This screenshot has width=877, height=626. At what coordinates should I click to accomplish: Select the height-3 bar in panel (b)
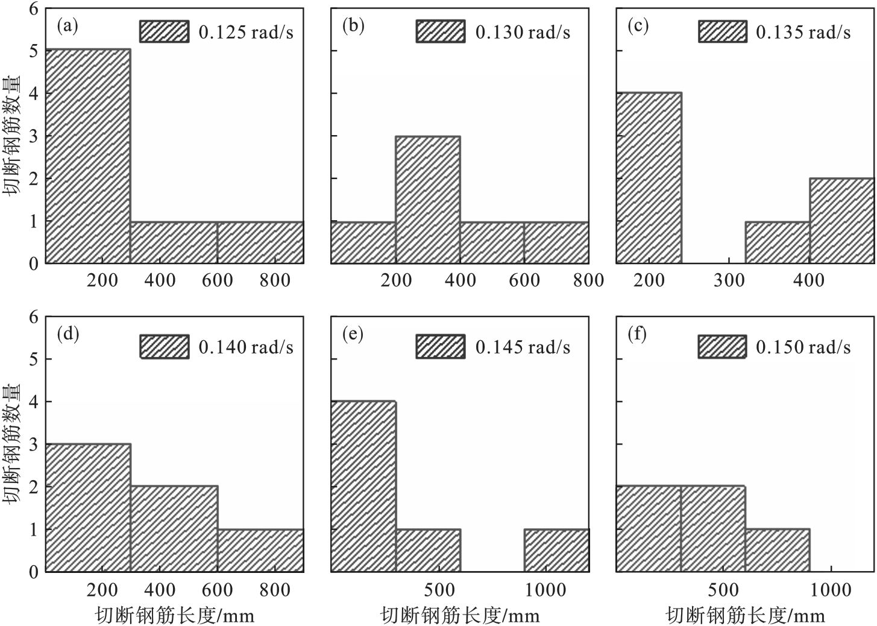pyautogui.click(x=428, y=200)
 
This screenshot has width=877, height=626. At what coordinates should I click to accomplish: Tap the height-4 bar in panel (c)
pyautogui.click(x=649, y=178)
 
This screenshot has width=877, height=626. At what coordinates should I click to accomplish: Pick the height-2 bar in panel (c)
pyautogui.click(x=841, y=221)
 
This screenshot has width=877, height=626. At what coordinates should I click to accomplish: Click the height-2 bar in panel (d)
pyautogui.click(x=174, y=528)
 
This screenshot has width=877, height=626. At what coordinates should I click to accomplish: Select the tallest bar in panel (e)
pyautogui.click(x=363, y=485)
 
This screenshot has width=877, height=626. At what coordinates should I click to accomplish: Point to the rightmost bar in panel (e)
pyautogui.click(x=556, y=550)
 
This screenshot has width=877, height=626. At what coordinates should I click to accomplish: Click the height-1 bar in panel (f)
pyautogui.click(x=778, y=550)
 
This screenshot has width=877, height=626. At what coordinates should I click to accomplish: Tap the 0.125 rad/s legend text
pyautogui.click(x=246, y=32)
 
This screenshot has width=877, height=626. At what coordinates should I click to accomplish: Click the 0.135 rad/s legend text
pyautogui.click(x=803, y=32)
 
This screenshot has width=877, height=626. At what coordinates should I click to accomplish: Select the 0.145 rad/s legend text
pyautogui.click(x=523, y=347)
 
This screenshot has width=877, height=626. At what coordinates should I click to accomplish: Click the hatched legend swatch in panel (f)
pyautogui.click(x=722, y=347)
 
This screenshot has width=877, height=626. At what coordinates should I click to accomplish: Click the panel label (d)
pyautogui.click(x=68, y=334)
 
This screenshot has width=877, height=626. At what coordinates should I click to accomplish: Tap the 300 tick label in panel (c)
pyautogui.click(x=729, y=280)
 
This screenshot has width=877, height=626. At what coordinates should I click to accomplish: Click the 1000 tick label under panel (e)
pyautogui.click(x=545, y=589)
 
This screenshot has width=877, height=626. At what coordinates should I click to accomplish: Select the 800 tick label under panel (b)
pyautogui.click(x=588, y=280)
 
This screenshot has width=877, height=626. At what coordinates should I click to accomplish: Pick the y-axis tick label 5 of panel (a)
pyautogui.click(x=34, y=51)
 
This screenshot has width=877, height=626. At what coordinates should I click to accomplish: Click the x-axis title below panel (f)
pyautogui.click(x=745, y=616)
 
